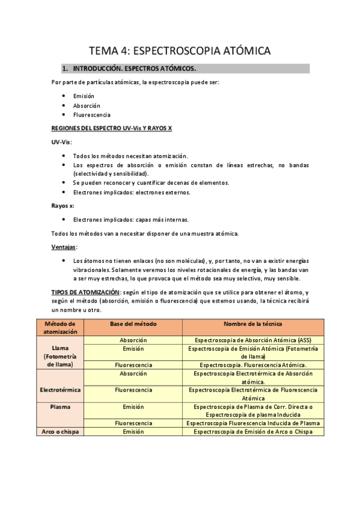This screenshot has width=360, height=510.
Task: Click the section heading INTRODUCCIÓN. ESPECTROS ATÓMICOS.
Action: pos(134,69)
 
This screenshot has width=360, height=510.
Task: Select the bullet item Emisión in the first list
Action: pos(84,96)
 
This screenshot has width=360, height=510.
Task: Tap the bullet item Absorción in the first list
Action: pos(87,105)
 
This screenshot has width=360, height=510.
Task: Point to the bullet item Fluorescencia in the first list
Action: pos(91,114)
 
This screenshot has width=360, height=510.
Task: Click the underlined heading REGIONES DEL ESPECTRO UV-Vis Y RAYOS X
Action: pos(111,129)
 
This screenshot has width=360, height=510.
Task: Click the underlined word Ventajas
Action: pos(64,247)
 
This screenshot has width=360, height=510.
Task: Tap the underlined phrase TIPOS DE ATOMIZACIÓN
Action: pos(86,292)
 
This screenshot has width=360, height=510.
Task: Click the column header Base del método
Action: pos(133,324)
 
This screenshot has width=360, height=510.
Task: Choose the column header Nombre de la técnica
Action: pos(253,324)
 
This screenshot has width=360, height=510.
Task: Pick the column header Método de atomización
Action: pos(61,328)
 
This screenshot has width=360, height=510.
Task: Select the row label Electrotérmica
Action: pos(61,390)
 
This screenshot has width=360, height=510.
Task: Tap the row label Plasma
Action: pos(61,407)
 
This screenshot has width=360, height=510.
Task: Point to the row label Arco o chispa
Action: pos(61,431)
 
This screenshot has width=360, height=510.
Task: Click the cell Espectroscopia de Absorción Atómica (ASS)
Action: pos(253,340)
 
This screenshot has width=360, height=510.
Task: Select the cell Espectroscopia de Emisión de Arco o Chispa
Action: pos(253,431)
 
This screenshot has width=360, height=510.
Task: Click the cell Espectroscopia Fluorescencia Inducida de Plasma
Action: pos(253,423)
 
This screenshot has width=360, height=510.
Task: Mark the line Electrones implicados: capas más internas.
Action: pos(130,220)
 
